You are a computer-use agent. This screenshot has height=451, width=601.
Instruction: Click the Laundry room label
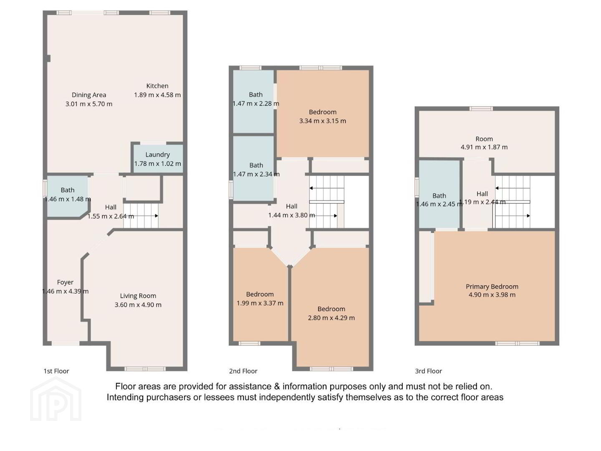pos(157,155)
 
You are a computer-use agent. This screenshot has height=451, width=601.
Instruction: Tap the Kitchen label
pos(157,86)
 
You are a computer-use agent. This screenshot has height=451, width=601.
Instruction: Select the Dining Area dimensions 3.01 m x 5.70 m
pos(89,104)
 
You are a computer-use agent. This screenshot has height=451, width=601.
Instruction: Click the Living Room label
pos(138,296)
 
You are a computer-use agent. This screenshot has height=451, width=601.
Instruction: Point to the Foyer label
pos(65,282)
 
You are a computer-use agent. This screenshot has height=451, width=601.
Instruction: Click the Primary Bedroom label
pos(492,286)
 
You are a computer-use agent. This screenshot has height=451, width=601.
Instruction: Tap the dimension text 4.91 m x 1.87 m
pos(484,147)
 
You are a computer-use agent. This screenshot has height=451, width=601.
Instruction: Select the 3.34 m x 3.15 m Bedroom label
pos(323,112)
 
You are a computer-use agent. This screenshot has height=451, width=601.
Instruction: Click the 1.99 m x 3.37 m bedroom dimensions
pos(260,303)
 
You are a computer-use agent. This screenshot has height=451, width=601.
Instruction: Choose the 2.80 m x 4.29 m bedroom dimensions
pos(331,318)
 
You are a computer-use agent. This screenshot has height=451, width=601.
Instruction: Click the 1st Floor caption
pos(56,371)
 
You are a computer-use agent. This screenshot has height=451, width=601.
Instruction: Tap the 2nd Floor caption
pos(243,371)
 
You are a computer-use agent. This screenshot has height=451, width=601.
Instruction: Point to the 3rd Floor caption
pos(429,371)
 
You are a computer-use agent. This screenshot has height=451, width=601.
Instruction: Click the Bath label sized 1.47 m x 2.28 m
pos(256,94)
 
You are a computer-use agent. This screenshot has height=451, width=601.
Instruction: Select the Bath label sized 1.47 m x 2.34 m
pos(256,165)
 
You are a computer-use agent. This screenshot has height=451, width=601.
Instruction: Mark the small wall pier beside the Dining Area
pos(49,58)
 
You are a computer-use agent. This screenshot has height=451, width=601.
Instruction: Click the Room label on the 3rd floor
pos(484,139)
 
